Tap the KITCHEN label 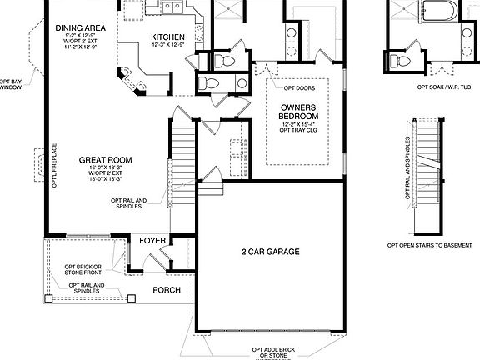(167, 37)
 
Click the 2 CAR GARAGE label (270, 251)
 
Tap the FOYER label (152, 241)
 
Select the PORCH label (166, 290)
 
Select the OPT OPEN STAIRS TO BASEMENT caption (428, 245)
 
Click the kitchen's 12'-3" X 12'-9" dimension (167, 46)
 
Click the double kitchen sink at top (173, 8)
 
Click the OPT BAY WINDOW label (10, 80)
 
